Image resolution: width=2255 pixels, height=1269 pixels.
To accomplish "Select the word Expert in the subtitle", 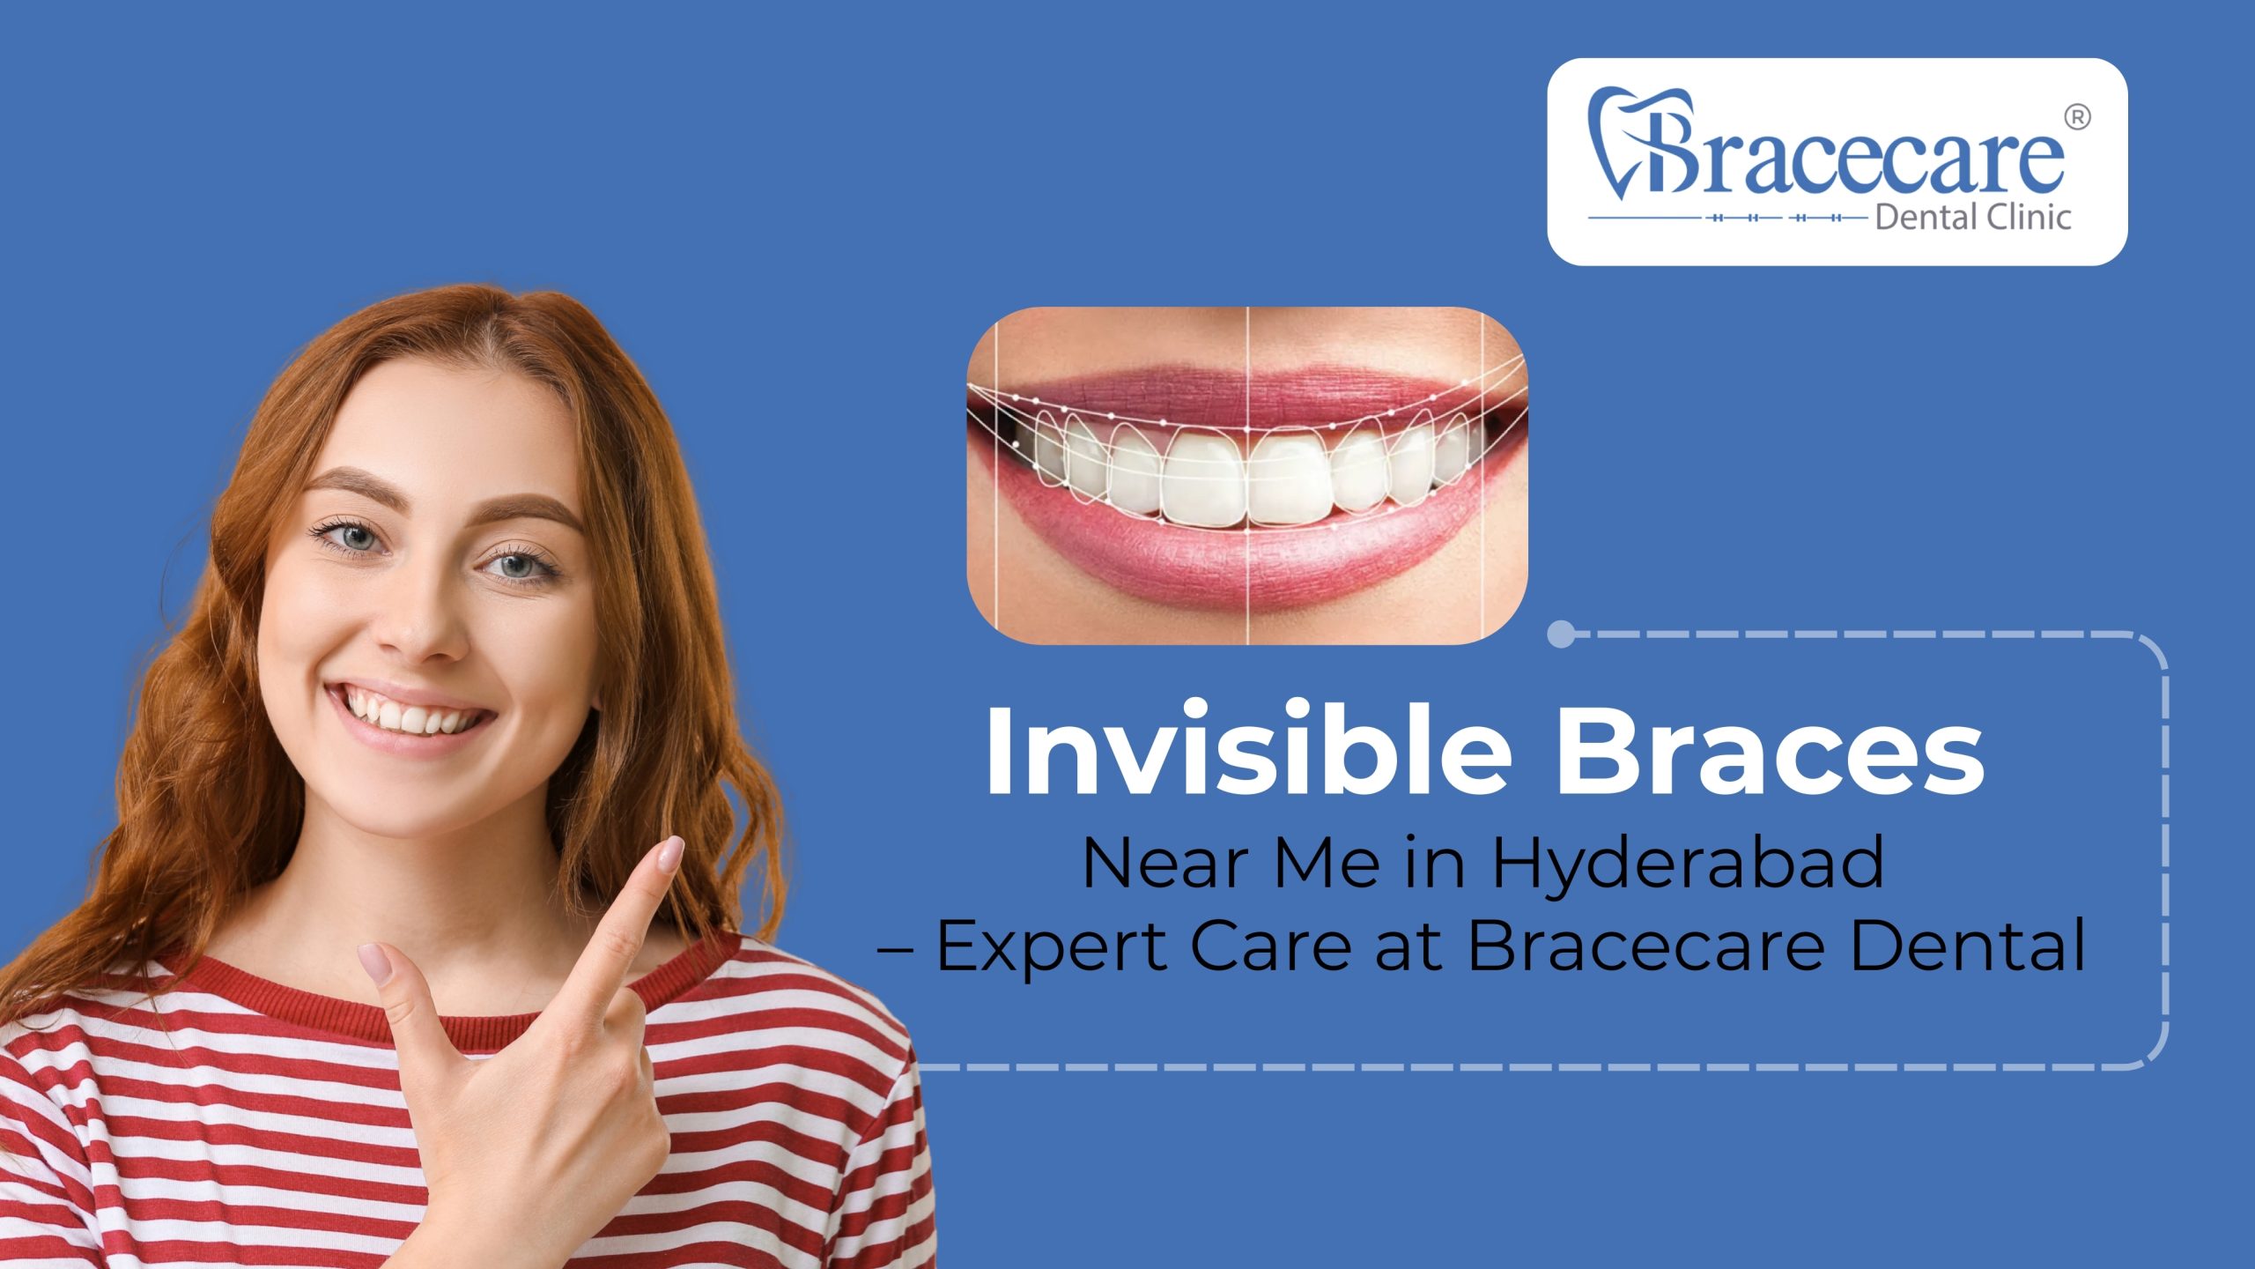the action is [1053, 946].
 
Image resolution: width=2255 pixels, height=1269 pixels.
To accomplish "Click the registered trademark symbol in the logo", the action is [2077, 118].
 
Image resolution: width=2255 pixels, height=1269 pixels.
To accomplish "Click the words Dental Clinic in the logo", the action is [1973, 217].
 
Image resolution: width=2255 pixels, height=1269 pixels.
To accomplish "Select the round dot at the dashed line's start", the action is [1562, 634].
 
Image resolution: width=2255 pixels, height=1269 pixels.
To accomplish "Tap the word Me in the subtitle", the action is [1327, 864].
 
